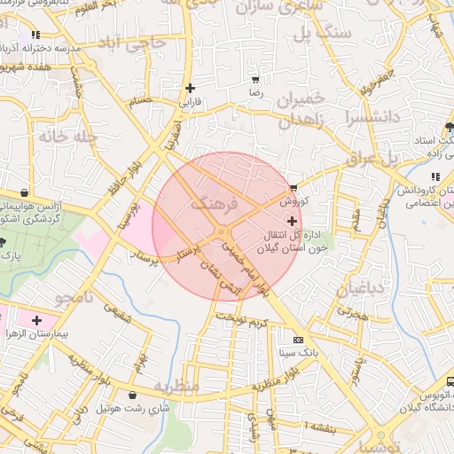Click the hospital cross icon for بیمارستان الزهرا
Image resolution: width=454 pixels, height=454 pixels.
(x=36, y=319)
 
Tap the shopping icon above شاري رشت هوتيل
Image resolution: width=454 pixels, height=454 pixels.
(x=133, y=395)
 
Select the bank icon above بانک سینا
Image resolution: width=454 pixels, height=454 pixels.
(x=297, y=340)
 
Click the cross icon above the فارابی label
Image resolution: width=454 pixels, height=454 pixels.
(x=191, y=88)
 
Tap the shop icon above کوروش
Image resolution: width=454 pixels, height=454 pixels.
(x=294, y=188)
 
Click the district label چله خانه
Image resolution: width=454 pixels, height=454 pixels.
(x=42, y=136)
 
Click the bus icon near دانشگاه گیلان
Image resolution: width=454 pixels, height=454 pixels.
(x=450, y=381)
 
